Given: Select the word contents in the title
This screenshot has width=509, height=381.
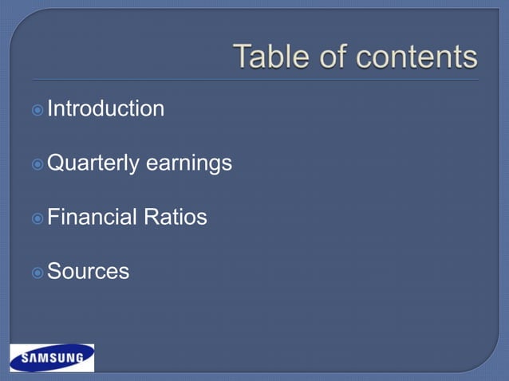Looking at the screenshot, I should point(416,57).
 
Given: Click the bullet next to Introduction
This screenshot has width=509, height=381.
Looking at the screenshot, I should point(37,109).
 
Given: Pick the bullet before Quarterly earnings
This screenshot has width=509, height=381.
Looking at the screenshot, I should point(37,164).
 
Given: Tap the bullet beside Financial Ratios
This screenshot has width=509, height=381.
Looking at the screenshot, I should point(37,218).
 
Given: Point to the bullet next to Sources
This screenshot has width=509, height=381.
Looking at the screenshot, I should point(37,273).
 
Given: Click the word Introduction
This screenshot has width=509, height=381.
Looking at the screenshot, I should point(106,108).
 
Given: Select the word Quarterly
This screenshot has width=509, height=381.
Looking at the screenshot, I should point(93,164).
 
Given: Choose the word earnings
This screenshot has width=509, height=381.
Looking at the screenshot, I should point(188,164).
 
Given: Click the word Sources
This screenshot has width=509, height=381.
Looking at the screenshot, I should point(89,272).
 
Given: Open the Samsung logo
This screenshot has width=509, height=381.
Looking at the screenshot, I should point(52,358).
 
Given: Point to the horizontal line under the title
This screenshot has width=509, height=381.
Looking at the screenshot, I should point(255,80).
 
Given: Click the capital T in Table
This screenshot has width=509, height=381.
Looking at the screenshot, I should point(242,57).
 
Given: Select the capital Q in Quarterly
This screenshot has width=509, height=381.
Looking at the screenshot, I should point(56,163).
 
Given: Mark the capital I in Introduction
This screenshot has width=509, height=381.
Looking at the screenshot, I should point(50,108).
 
